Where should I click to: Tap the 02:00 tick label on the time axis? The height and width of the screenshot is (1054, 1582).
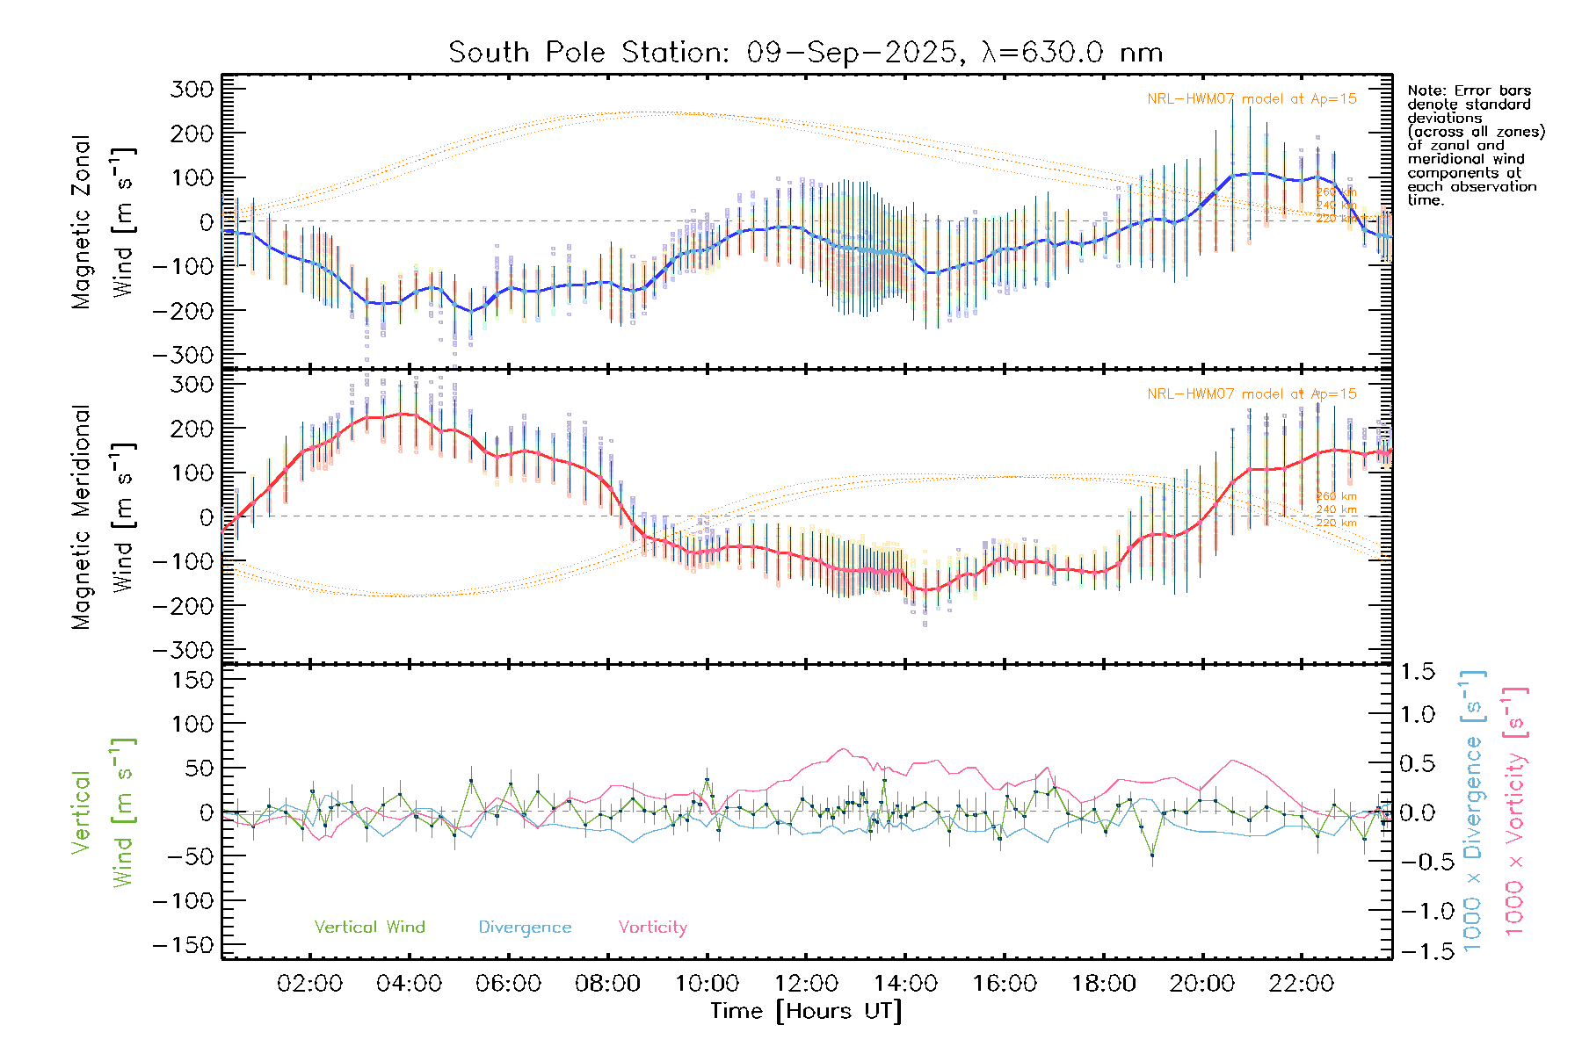click(309, 984)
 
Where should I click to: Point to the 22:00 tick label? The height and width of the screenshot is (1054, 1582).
click(1302, 984)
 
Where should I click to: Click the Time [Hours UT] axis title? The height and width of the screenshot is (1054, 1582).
click(805, 1011)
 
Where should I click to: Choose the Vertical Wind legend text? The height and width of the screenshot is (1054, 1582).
click(369, 928)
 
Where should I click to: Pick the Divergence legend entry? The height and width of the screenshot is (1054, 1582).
click(525, 928)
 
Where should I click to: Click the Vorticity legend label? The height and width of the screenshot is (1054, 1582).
click(652, 928)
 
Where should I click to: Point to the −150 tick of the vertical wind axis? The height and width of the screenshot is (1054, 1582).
click(183, 945)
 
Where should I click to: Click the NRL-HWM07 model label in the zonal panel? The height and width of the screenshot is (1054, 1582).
click(1252, 99)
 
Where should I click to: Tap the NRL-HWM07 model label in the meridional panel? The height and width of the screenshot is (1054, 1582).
click(1252, 394)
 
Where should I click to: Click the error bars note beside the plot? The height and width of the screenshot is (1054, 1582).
click(1475, 145)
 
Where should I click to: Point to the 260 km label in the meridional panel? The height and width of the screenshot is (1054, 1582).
click(1336, 496)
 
